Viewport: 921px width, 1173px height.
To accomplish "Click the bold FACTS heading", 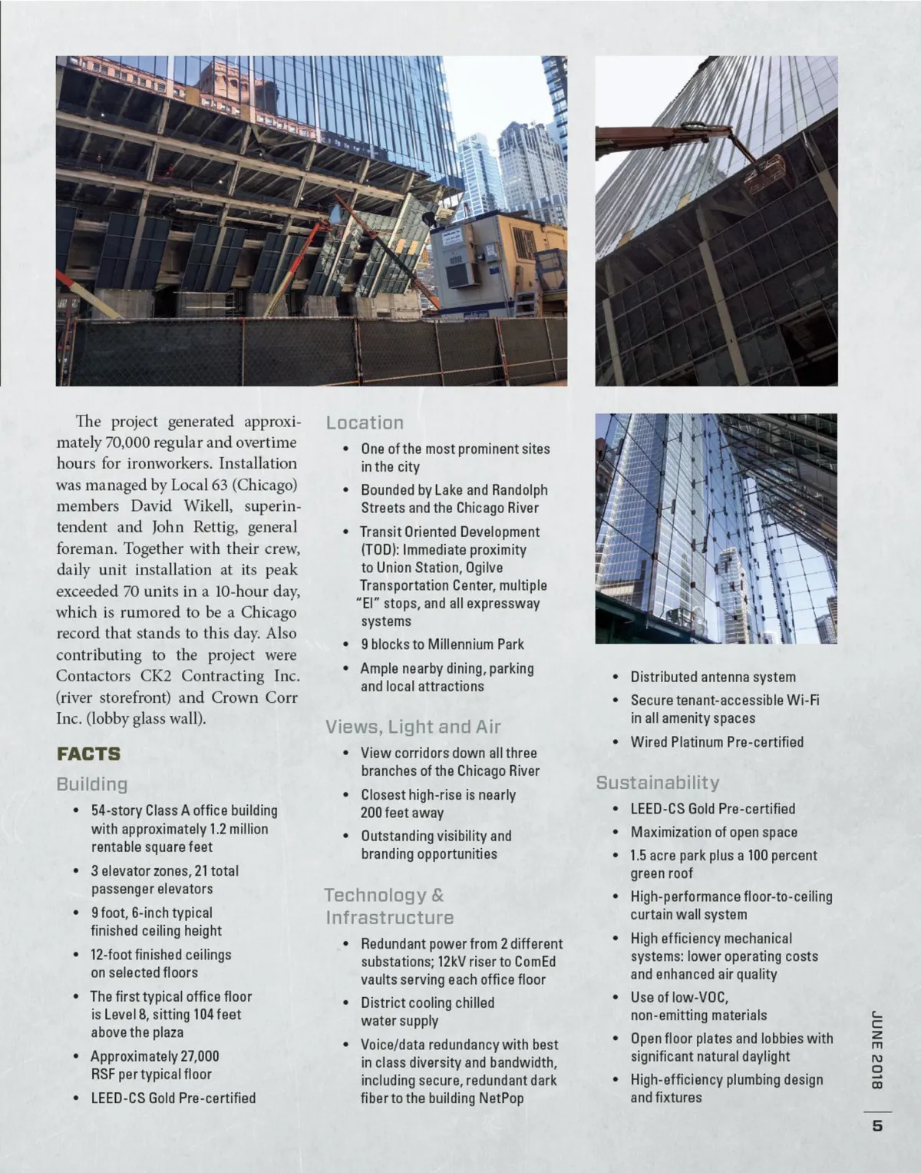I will click(88, 754).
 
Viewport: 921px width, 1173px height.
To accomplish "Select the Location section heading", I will click(365, 422).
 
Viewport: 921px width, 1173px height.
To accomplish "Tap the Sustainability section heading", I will click(658, 783).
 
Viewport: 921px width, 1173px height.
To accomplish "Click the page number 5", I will click(877, 1127).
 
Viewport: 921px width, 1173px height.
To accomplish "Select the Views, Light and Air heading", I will click(413, 727).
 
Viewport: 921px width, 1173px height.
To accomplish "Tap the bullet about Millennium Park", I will click(443, 644).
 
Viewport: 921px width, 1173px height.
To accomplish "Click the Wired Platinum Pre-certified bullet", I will click(717, 742).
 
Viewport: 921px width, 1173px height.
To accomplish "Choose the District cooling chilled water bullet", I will click(427, 1012).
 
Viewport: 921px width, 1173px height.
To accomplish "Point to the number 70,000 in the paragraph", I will click(123, 442).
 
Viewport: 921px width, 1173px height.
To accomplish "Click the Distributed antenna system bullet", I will click(713, 677).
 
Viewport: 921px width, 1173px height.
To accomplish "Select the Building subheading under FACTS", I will click(91, 784).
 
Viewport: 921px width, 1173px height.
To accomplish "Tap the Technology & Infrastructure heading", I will click(389, 906).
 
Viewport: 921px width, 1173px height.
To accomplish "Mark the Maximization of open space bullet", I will click(714, 832).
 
